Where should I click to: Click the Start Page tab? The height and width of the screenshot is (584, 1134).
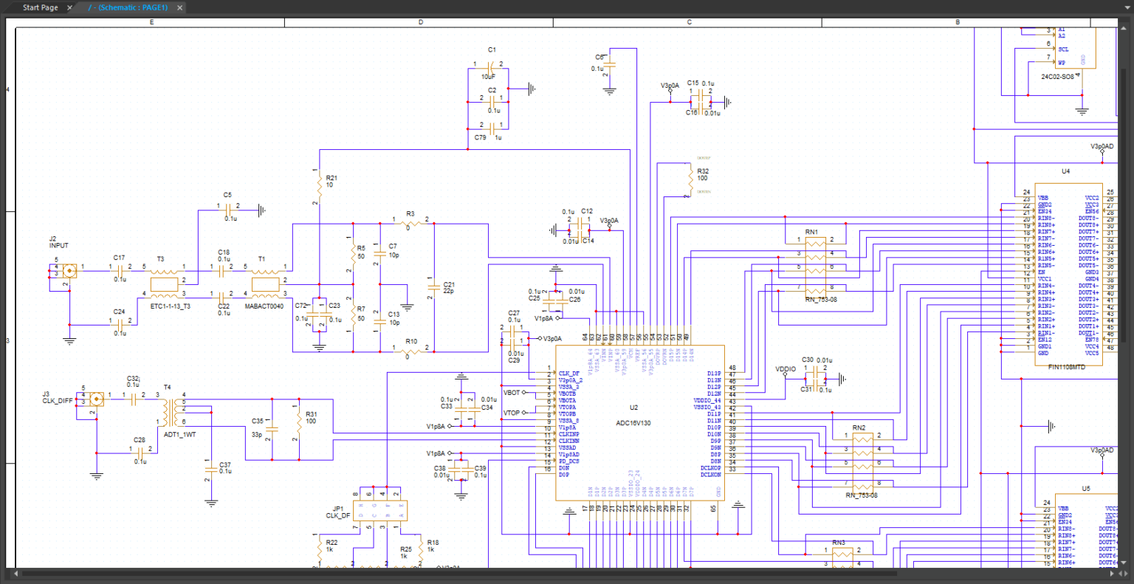pyautogui.click(x=40, y=7)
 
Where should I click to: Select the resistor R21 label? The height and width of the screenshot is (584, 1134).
pyautogui.click(x=331, y=178)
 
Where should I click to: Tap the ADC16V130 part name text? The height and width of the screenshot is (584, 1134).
pyautogui.click(x=633, y=423)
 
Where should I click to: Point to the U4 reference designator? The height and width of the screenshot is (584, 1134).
pyautogui.click(x=1065, y=171)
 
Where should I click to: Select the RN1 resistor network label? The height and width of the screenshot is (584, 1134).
pyautogui.click(x=811, y=232)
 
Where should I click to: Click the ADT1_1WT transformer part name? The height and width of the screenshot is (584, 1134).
pyautogui.click(x=179, y=435)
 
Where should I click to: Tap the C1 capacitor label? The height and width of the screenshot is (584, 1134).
pyautogui.click(x=492, y=50)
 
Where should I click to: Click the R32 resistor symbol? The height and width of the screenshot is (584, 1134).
pyautogui.click(x=688, y=181)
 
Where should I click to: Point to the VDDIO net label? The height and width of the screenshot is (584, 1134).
pyautogui.click(x=786, y=368)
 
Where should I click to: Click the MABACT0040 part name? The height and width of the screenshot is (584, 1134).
pyautogui.click(x=264, y=306)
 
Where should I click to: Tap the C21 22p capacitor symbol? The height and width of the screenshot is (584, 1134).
pyautogui.click(x=434, y=287)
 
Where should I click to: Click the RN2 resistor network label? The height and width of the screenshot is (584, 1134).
pyautogui.click(x=859, y=427)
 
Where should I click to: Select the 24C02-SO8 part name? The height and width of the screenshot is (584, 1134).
pyautogui.click(x=1057, y=77)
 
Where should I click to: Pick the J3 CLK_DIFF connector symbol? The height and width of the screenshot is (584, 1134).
pyautogui.click(x=96, y=399)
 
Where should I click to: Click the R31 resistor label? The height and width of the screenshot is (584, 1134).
pyautogui.click(x=311, y=414)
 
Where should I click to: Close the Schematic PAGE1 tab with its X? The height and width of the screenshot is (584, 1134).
pyautogui.click(x=179, y=7)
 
